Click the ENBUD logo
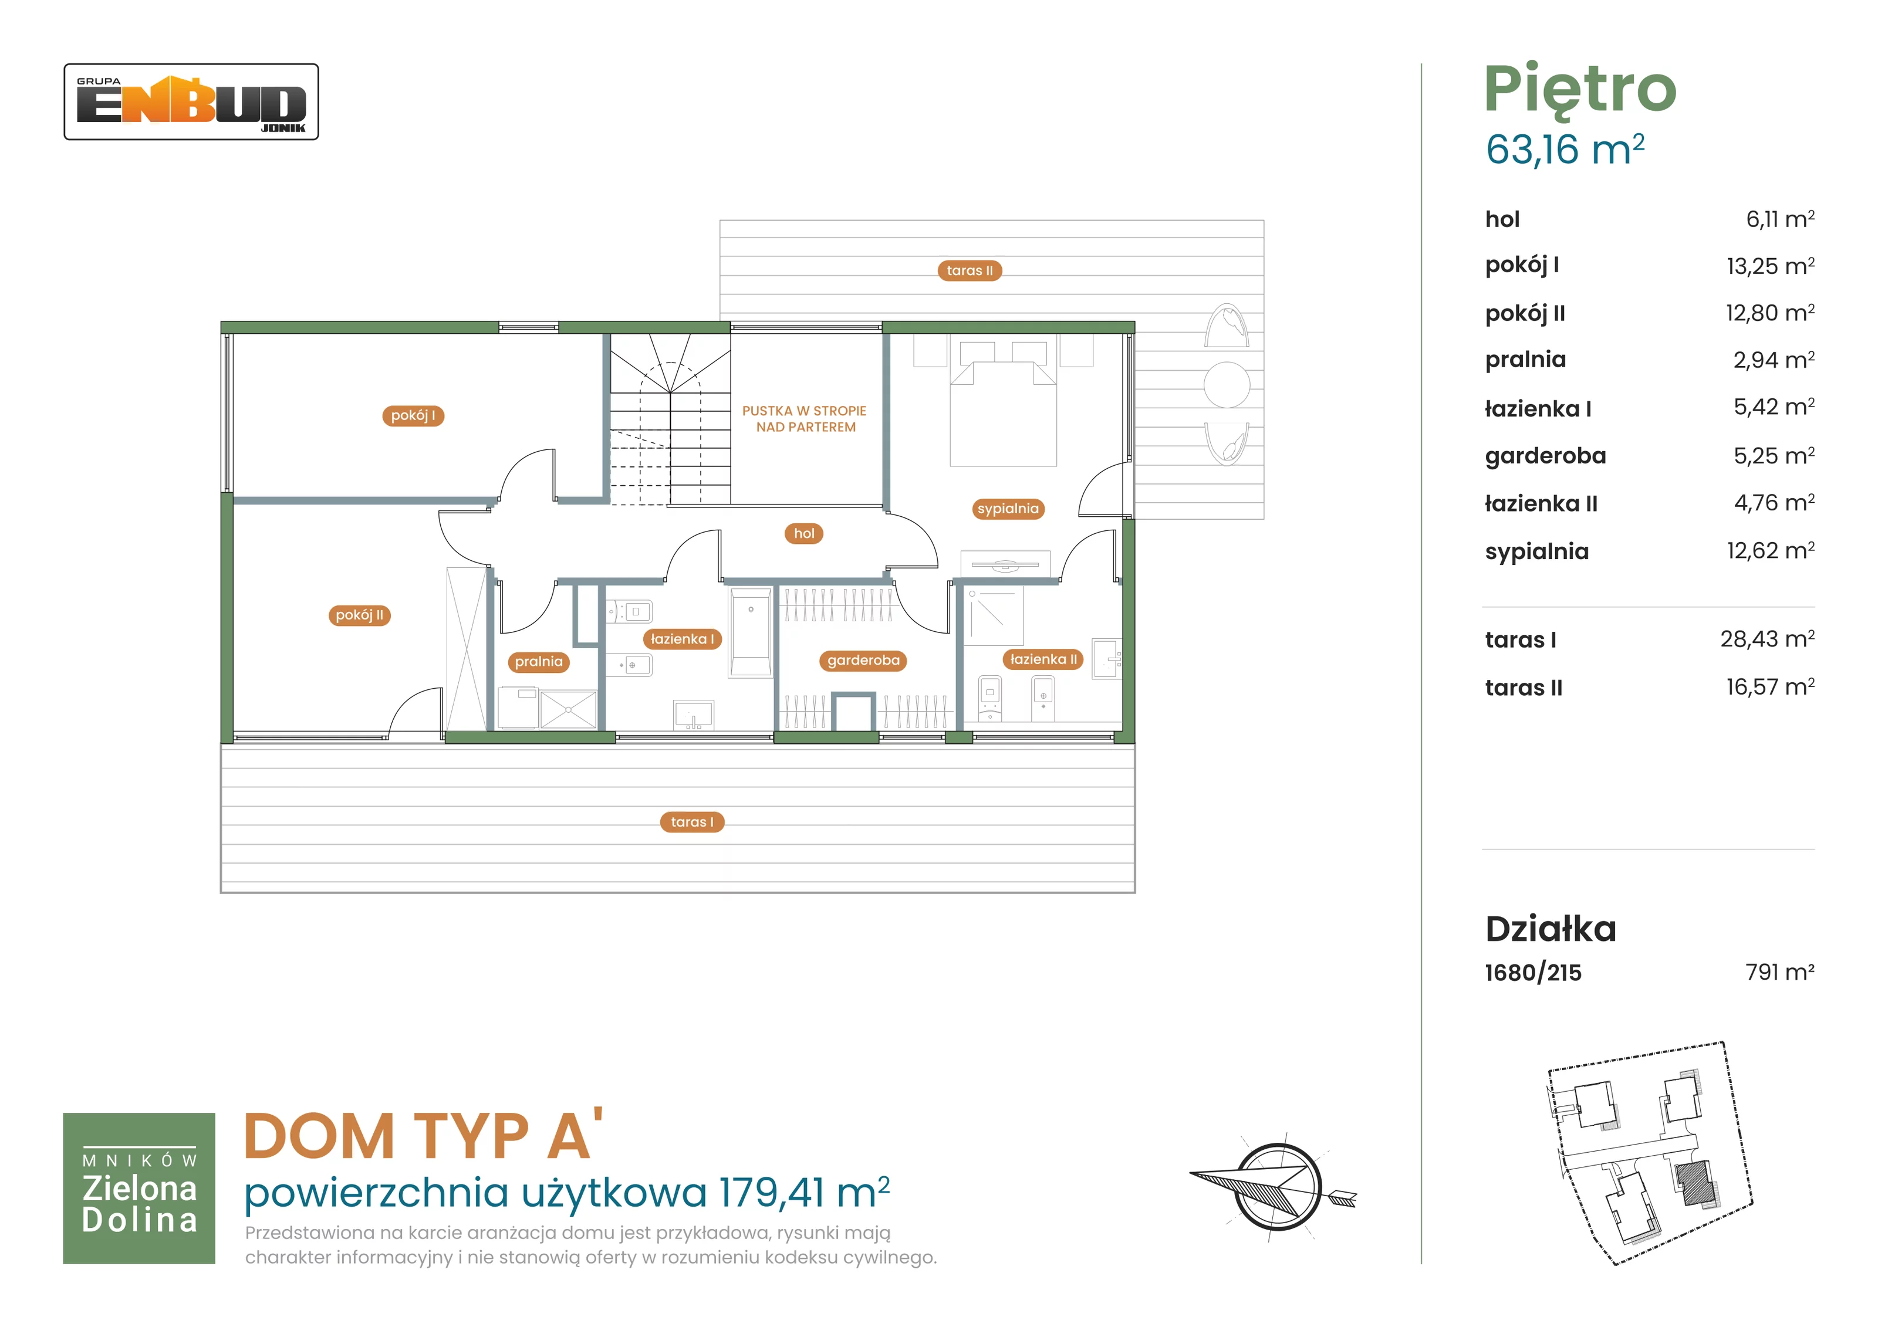click(x=191, y=102)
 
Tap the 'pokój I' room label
click(x=413, y=415)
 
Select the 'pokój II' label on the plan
click(x=359, y=615)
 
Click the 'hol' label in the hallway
click(x=804, y=533)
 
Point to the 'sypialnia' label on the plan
click(x=1008, y=509)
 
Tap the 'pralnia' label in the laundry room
click(x=539, y=662)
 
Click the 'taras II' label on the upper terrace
click(x=970, y=270)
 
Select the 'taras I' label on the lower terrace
click(x=692, y=822)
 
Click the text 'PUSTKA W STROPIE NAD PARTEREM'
click(x=805, y=419)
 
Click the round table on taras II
click(x=1227, y=384)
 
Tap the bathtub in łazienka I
click(x=751, y=632)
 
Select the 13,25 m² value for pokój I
click(x=1770, y=266)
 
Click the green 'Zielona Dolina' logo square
click(x=139, y=1188)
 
